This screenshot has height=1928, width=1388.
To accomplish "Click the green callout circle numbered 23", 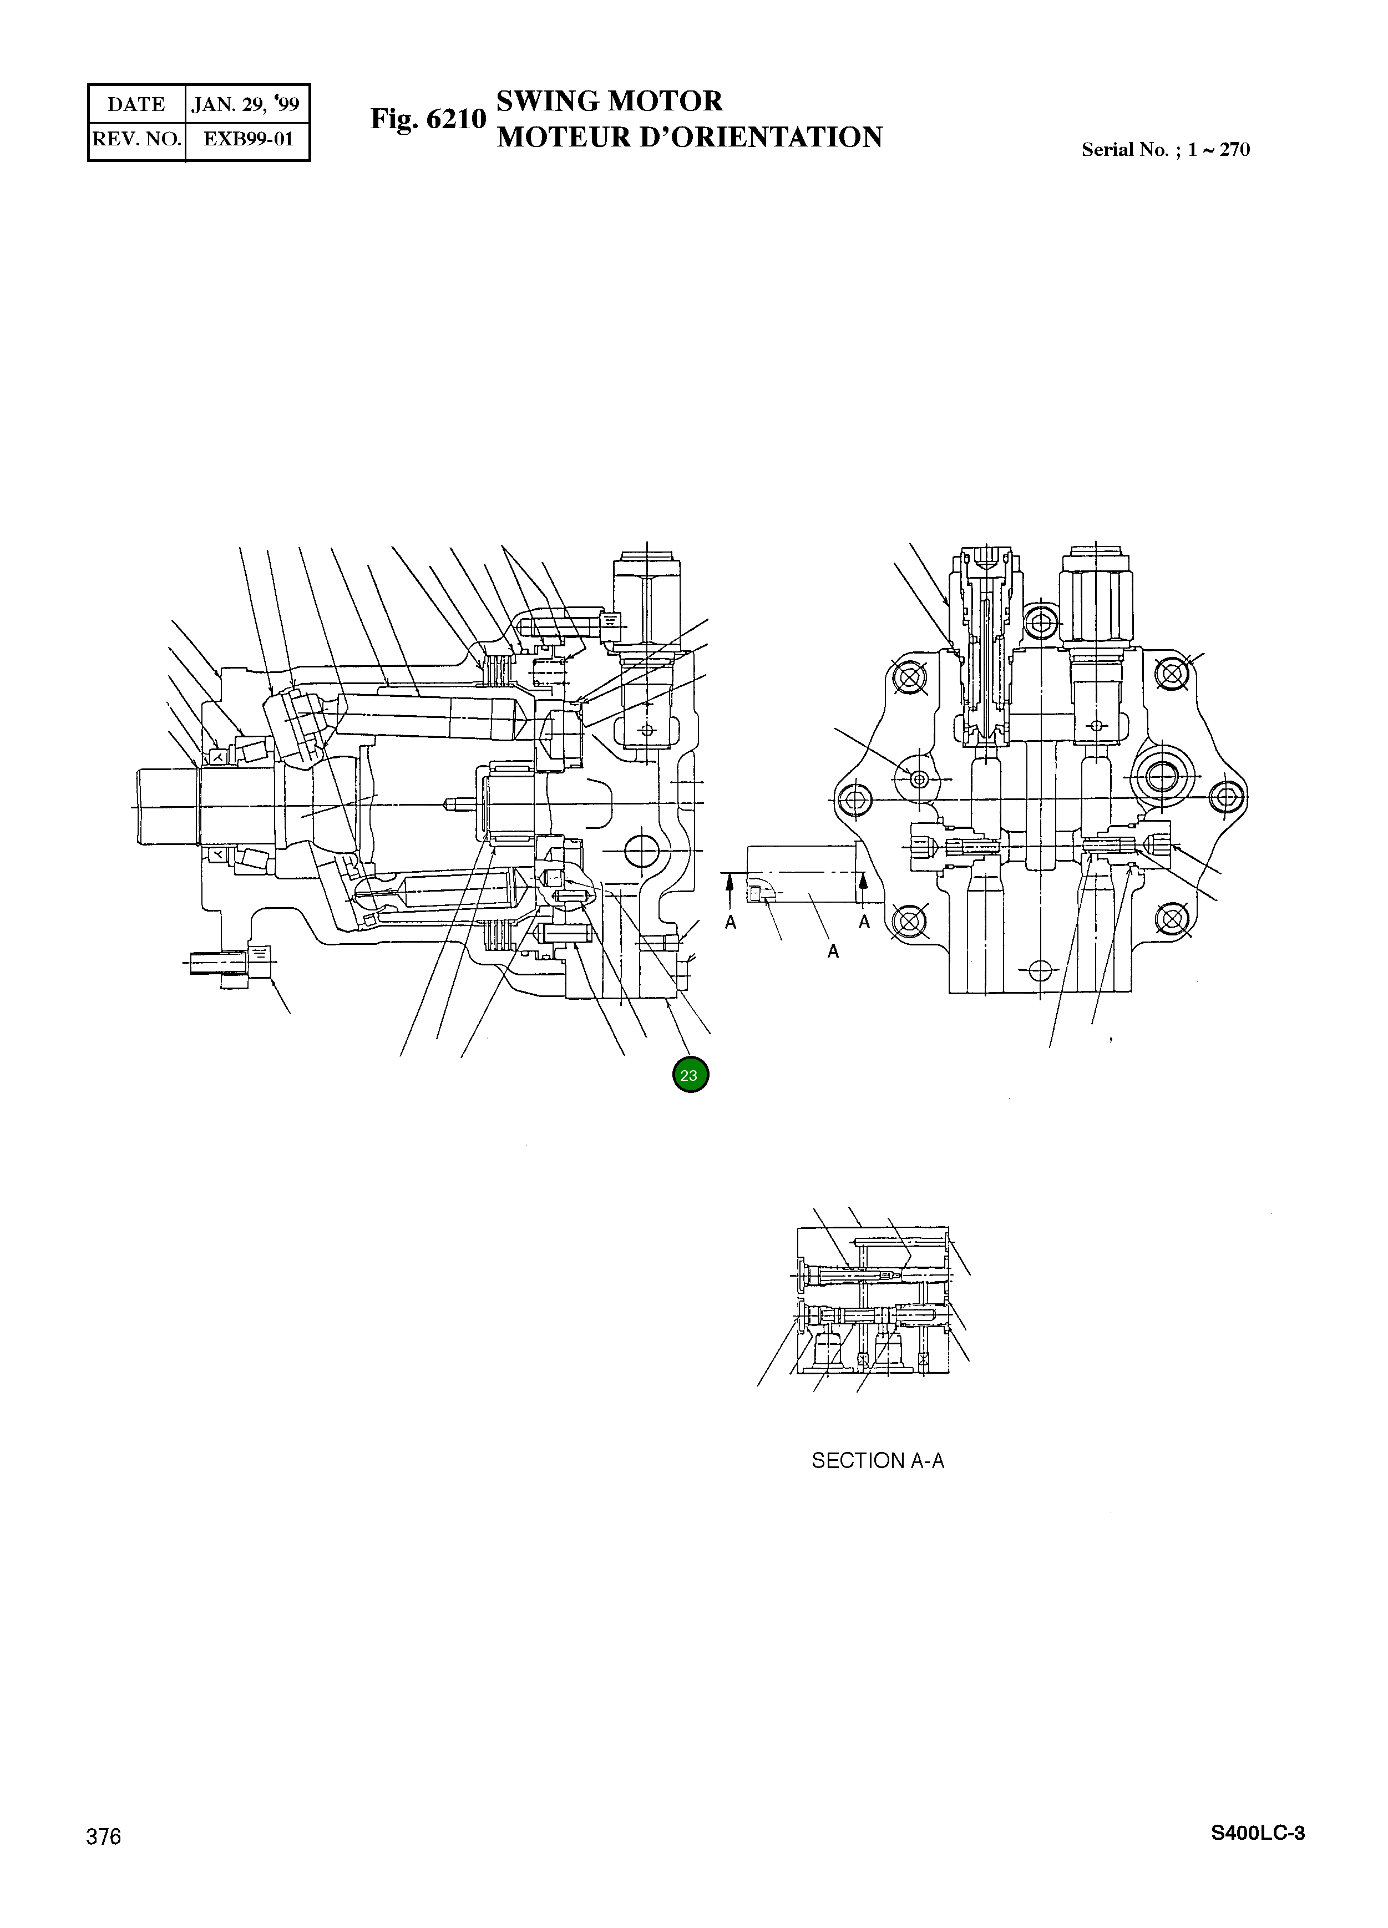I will pyautogui.click(x=690, y=1075).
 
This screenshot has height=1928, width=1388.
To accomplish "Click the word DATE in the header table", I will pyautogui.click(x=136, y=104).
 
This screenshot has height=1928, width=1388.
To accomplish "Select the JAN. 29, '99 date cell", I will pyautogui.click(x=246, y=104).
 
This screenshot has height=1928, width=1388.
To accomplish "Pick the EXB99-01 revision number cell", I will pyautogui.click(x=248, y=139).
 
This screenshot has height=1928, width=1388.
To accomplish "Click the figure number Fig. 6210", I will pyautogui.click(x=428, y=119).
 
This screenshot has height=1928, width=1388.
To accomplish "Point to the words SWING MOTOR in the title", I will pyautogui.click(x=609, y=101).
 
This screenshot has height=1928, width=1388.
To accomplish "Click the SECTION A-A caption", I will pyautogui.click(x=877, y=1460).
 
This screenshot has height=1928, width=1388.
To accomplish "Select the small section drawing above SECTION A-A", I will pyautogui.click(x=874, y=1300).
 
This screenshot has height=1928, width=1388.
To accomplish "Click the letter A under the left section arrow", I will pyautogui.click(x=730, y=922).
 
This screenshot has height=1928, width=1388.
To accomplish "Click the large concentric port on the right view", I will pyautogui.click(x=1161, y=775).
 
